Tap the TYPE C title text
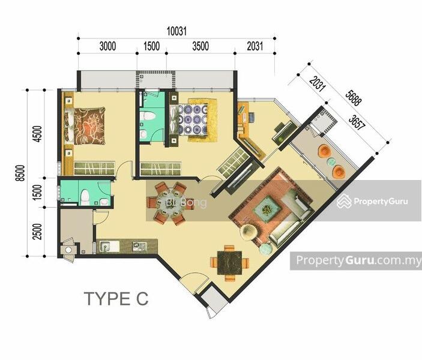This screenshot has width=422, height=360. (116, 299)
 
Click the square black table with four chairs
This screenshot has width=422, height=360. (229, 262)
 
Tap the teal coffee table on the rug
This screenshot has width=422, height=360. (266, 208)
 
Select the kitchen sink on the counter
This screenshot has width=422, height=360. (109, 245)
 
